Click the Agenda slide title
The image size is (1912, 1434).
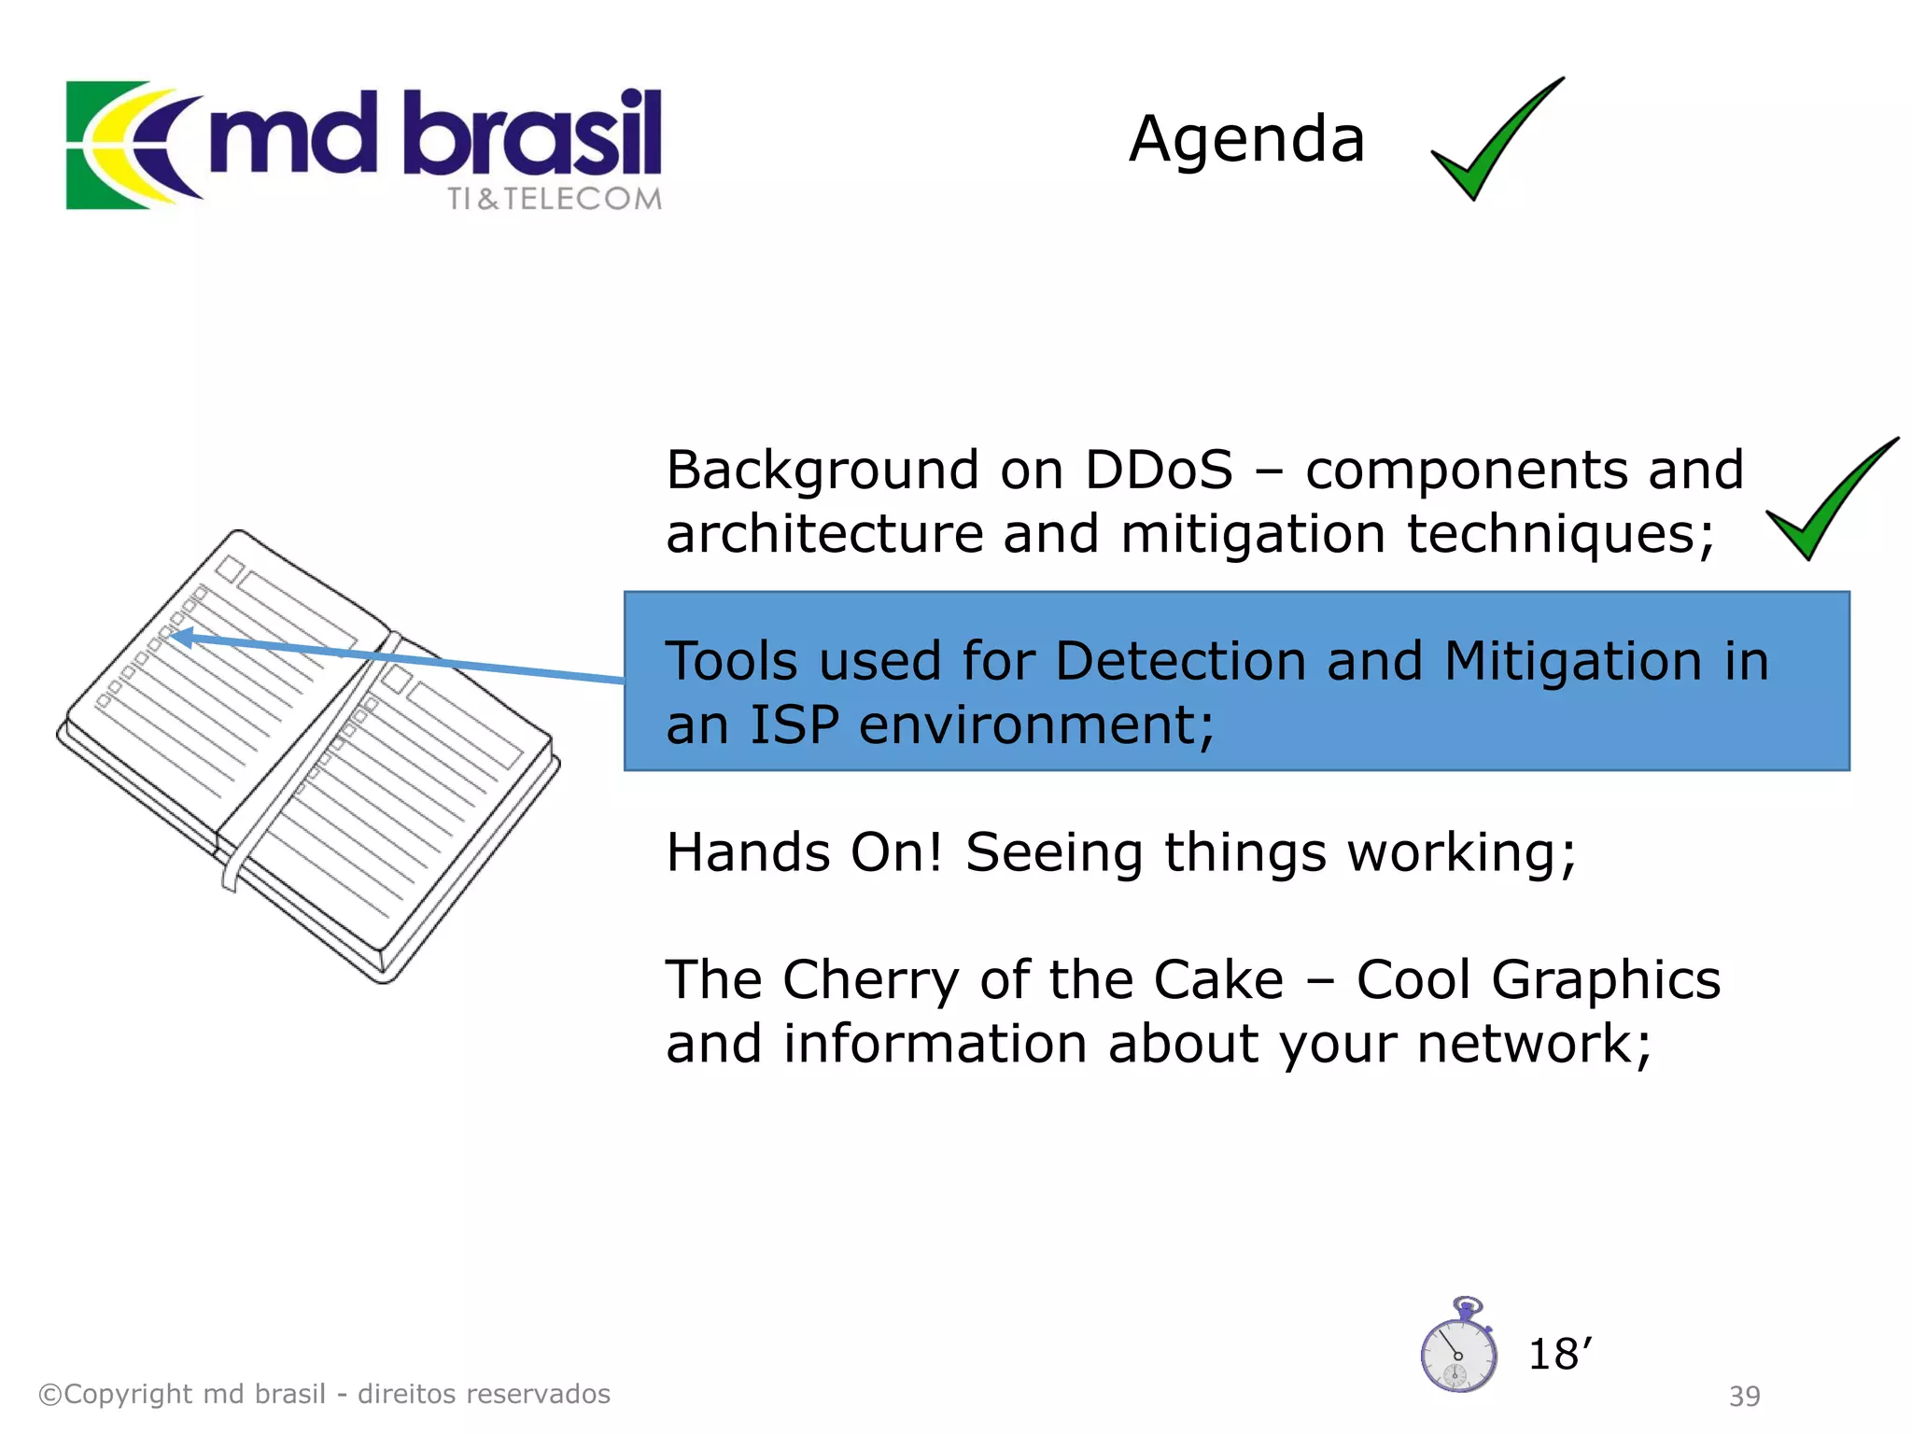(1246, 139)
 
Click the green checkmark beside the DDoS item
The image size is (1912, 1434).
(1825, 505)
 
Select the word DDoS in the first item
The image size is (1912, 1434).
(1158, 470)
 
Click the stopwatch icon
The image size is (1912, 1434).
(1458, 1348)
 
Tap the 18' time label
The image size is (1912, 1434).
(1559, 1354)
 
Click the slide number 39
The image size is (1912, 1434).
(1744, 1396)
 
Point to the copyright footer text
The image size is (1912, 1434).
(324, 1394)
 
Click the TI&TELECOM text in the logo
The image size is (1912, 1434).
(554, 199)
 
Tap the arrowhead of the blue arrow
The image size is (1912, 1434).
(183, 639)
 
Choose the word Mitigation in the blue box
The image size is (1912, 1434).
(1573, 661)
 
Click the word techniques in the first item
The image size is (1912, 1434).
(1559, 534)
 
